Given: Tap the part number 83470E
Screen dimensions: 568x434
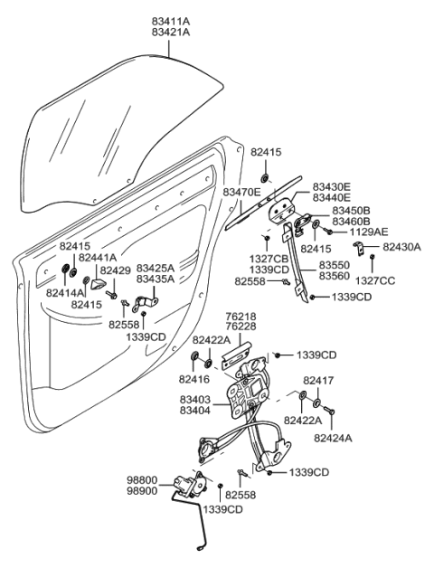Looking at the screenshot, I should [x=243, y=193].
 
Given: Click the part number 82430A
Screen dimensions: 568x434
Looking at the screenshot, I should [x=401, y=246].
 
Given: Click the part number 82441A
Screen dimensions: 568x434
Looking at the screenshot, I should [x=97, y=258].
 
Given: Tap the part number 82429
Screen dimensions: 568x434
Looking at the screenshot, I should [x=115, y=270].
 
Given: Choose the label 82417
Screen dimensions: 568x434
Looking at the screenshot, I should [x=318, y=381].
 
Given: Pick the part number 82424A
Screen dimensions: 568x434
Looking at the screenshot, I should [x=334, y=437].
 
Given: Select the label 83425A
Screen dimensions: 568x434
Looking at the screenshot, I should [x=155, y=269].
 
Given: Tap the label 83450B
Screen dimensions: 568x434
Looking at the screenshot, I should [x=349, y=211].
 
